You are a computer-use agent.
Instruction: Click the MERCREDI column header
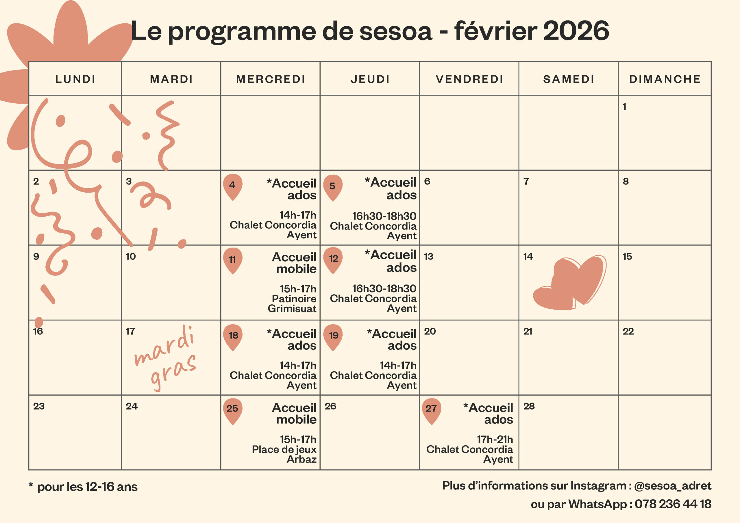(x=270, y=79)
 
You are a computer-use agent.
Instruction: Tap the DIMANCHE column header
(x=665, y=79)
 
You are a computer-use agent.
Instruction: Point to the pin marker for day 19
(x=333, y=336)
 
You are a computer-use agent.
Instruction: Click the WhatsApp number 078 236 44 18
(x=673, y=504)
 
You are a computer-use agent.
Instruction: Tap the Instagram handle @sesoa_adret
(x=672, y=486)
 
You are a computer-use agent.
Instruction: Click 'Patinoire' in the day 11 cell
(x=294, y=299)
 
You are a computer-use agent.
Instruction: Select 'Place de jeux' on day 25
(x=284, y=449)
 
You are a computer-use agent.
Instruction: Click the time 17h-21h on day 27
(x=495, y=439)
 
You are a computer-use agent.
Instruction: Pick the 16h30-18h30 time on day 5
(x=384, y=216)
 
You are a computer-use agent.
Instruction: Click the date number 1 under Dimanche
(x=624, y=107)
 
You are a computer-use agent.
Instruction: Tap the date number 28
(x=529, y=406)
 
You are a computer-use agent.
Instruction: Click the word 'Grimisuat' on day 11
(x=292, y=308)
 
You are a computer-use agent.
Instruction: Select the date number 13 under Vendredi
(x=428, y=257)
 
